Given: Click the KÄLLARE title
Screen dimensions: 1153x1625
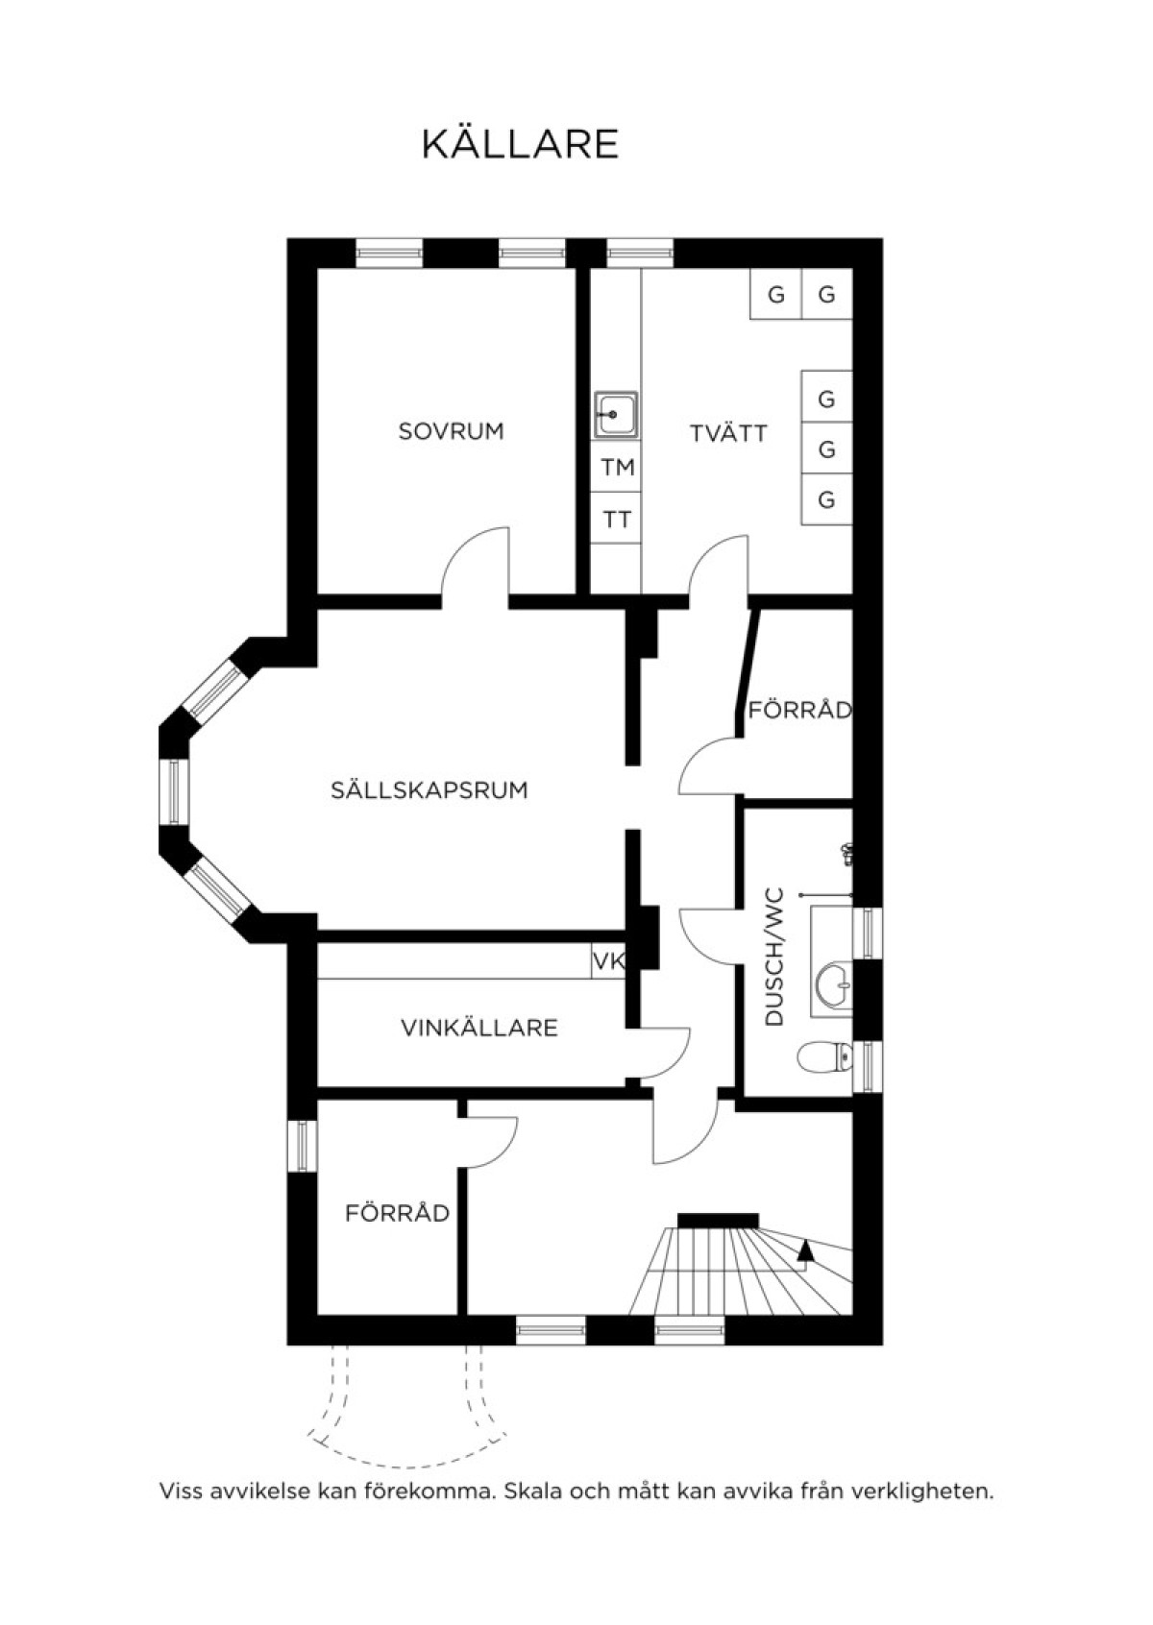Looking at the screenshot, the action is point(520,144).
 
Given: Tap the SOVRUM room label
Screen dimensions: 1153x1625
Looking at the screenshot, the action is point(451,431).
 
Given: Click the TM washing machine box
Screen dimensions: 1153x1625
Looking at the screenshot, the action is point(617,467).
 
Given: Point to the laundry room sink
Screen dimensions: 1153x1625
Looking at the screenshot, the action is point(616,414).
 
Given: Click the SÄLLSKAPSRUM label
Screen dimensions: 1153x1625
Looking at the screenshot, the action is point(429,789).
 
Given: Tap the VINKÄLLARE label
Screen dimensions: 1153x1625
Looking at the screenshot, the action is point(478,1028).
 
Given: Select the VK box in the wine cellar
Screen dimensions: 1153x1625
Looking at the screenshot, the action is point(609,960).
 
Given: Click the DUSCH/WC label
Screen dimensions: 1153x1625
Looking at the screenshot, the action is point(775,957).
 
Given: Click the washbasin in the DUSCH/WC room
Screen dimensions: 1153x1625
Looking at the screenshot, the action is point(835,984).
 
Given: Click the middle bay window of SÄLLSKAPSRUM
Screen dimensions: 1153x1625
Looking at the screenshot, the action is point(173,791).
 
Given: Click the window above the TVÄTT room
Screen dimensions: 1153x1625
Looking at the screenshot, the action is point(639,254).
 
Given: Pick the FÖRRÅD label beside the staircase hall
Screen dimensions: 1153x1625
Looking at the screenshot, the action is point(397,1212).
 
